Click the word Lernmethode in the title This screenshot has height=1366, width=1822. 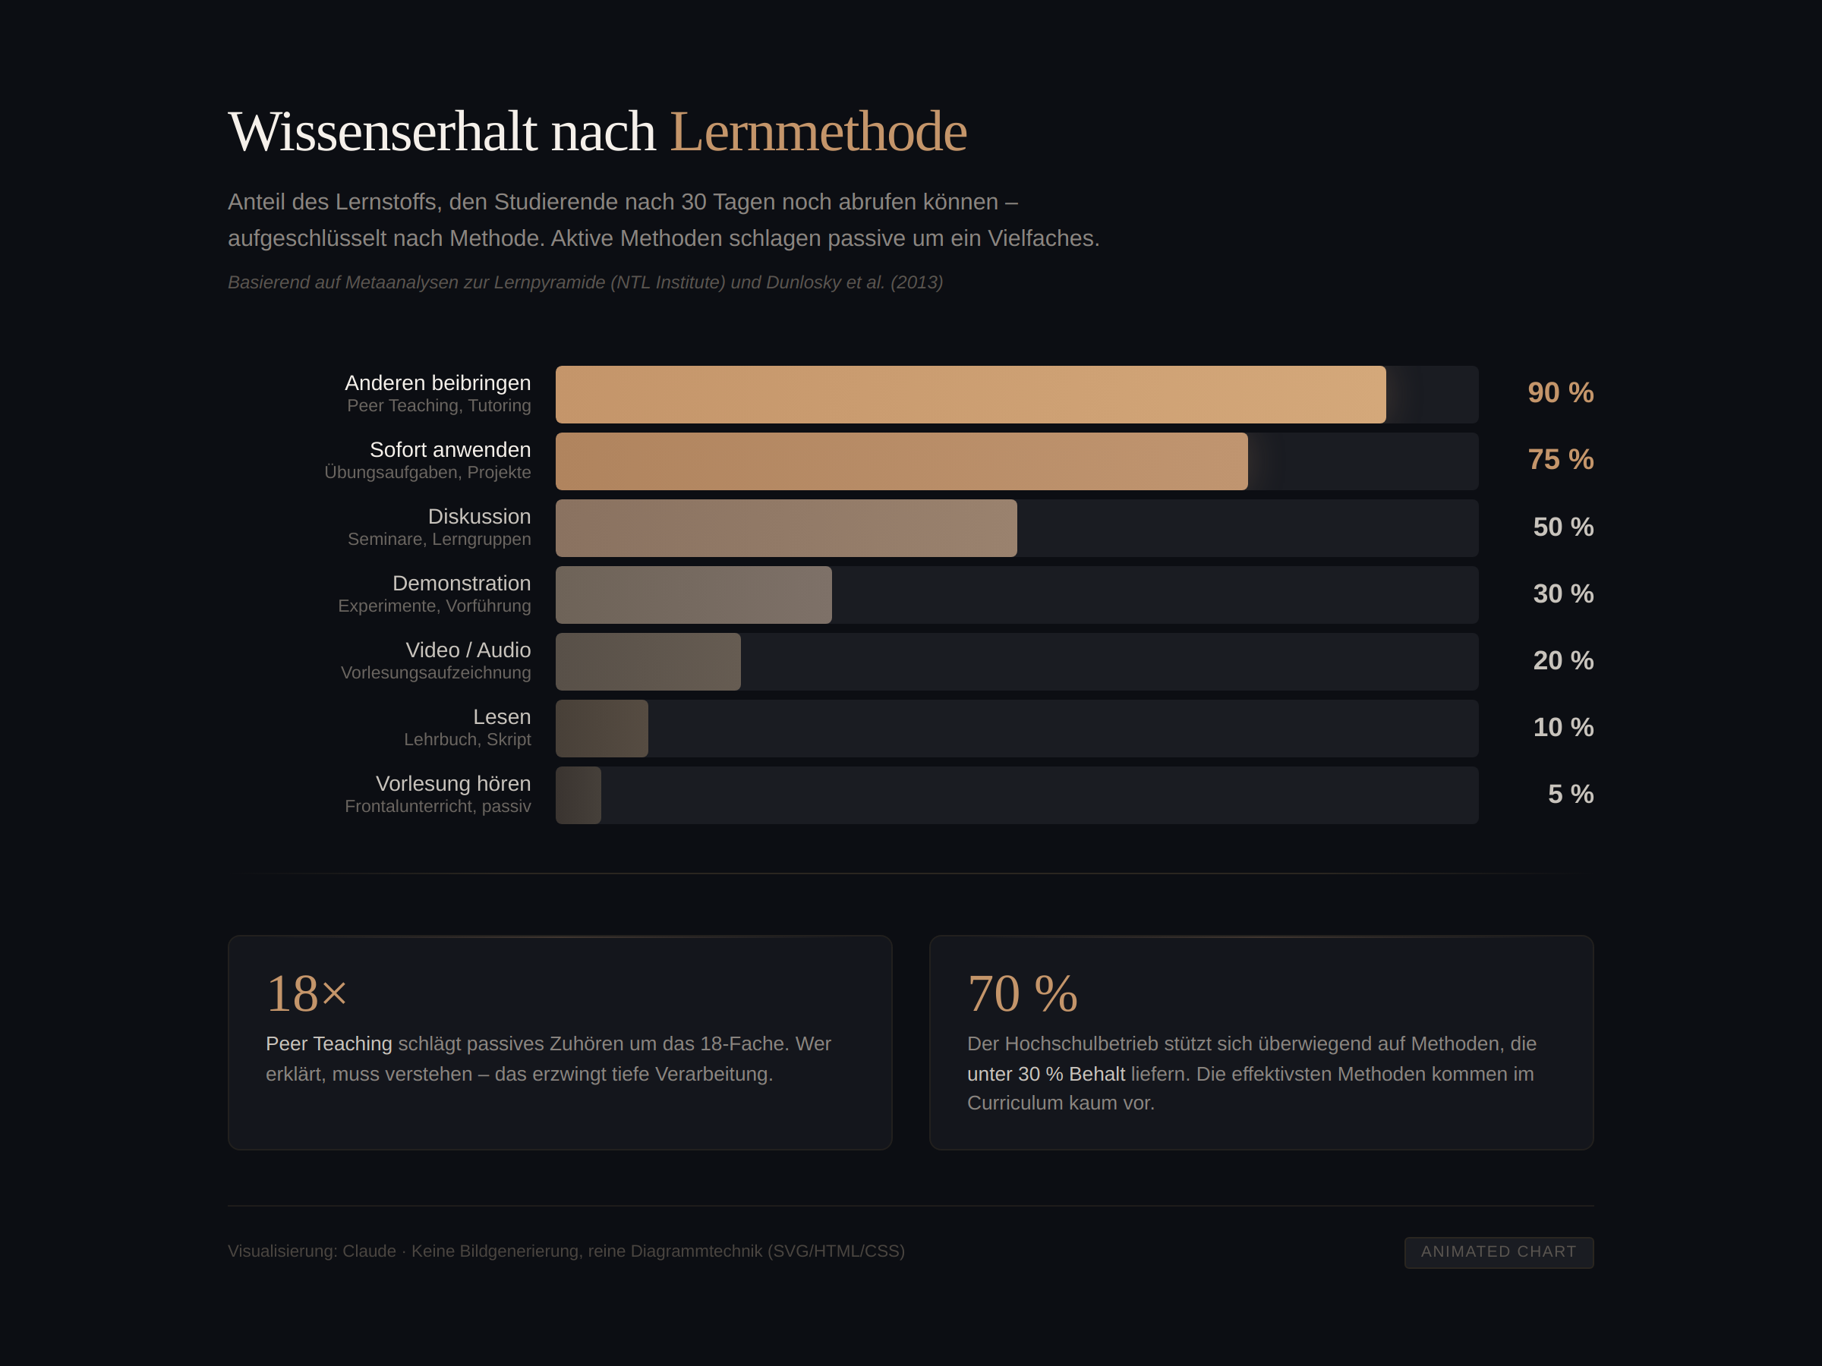(817, 132)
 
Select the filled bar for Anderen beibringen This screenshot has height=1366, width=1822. (970, 395)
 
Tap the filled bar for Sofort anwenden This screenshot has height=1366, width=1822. (901, 461)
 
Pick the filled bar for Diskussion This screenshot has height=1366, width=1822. (786, 527)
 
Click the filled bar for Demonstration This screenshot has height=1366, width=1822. (694, 594)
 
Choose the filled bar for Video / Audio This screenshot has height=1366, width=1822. (648, 661)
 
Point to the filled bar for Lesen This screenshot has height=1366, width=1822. (601, 728)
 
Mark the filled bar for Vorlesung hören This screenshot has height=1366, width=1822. (578, 795)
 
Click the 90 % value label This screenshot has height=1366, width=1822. (1560, 393)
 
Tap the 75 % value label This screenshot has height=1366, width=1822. (1560, 459)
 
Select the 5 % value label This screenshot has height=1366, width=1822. (1570, 794)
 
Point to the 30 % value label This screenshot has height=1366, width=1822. (1562, 593)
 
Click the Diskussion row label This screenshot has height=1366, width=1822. (478, 516)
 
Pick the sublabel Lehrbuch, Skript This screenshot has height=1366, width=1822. (467, 739)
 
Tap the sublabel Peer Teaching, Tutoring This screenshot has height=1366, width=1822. (438, 405)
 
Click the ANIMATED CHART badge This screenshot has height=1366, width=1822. (1499, 1251)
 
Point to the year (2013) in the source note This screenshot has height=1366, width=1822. (916, 282)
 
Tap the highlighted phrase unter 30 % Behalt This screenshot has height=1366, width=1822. (1045, 1074)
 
